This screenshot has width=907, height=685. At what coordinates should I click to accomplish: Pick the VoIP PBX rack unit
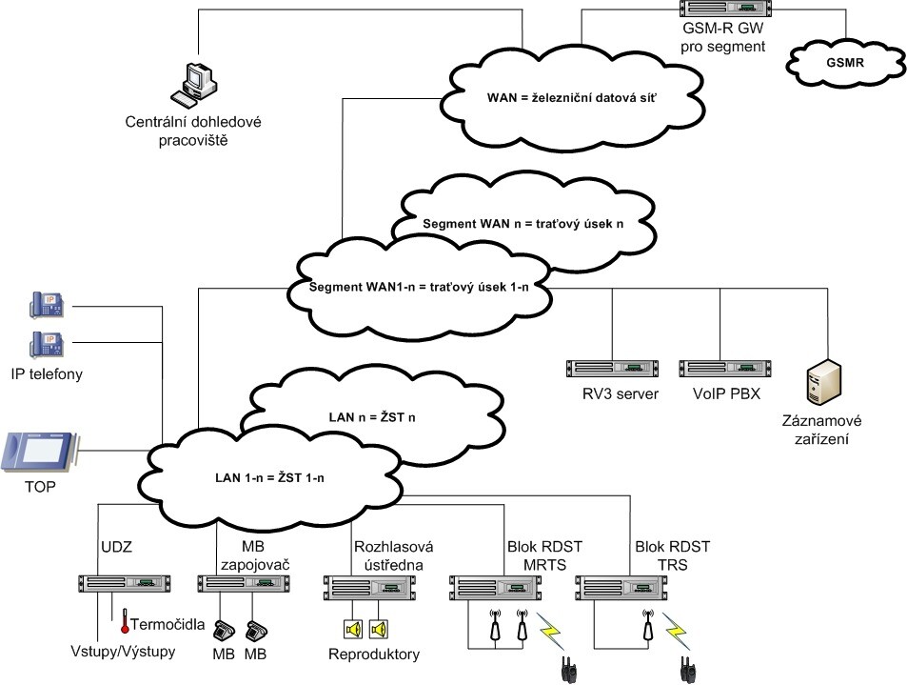tap(723, 369)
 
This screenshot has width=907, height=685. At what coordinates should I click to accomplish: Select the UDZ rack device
tap(124, 583)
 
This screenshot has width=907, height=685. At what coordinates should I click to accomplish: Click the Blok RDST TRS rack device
tap(620, 584)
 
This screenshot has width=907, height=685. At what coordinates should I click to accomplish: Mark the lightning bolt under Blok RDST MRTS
tap(553, 630)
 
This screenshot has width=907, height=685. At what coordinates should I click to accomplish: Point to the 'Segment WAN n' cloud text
tap(523, 224)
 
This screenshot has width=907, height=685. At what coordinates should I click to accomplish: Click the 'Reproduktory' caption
tap(373, 655)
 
